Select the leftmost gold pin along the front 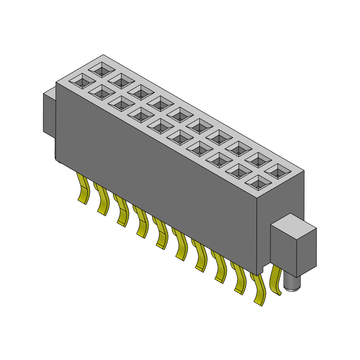pyautogui.click(x=82, y=189)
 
